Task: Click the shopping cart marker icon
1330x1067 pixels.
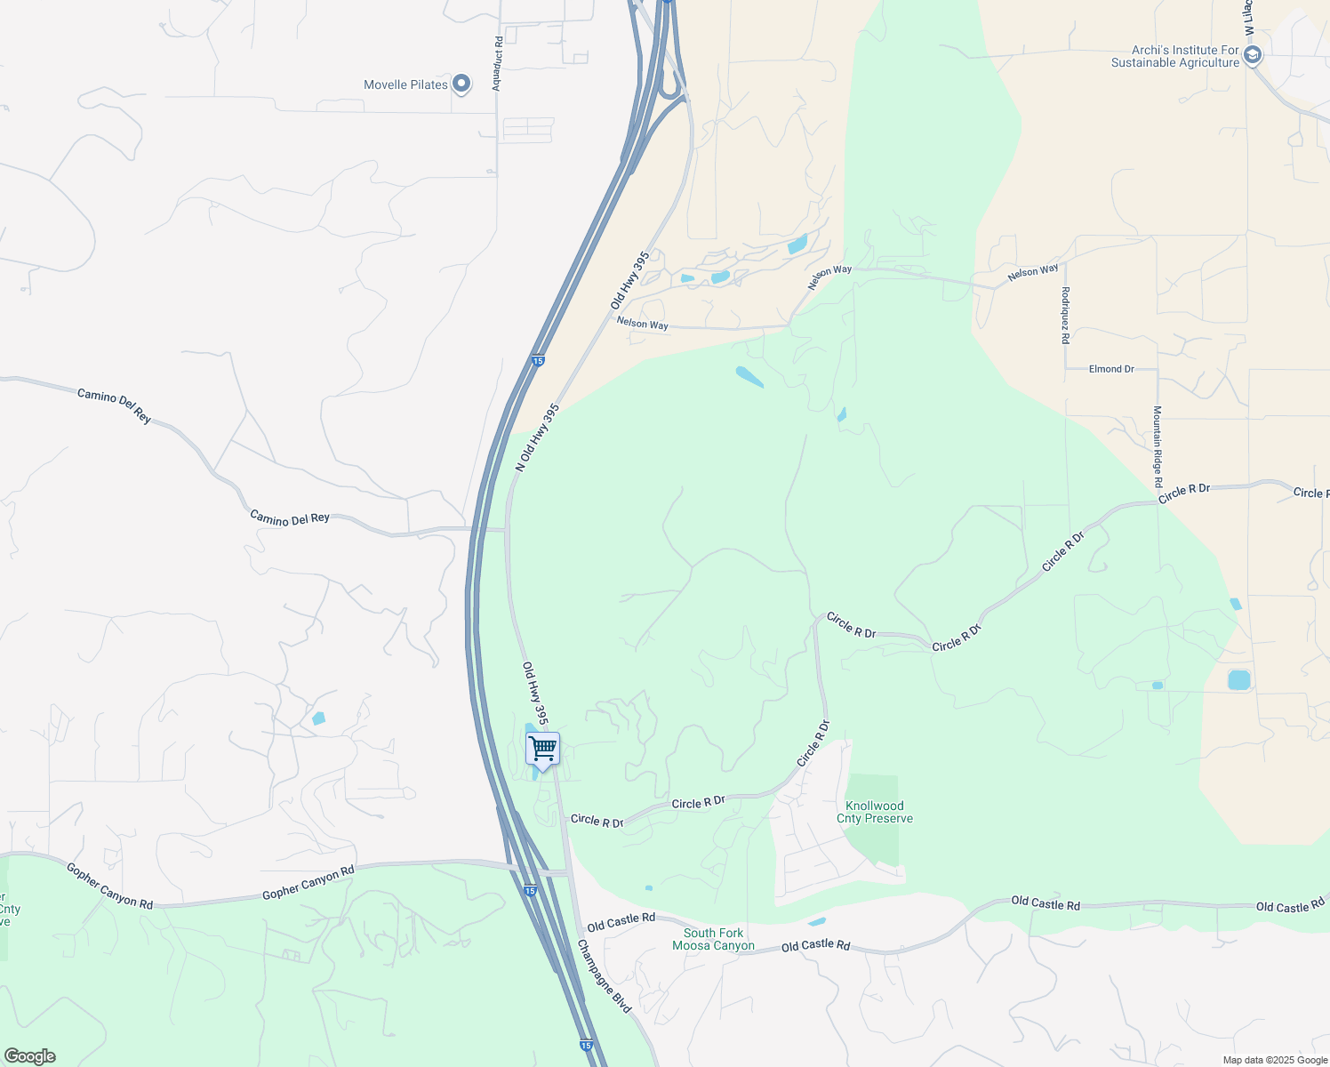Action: [542, 749]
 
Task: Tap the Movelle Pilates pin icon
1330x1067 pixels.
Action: [461, 84]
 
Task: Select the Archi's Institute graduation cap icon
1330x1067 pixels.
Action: [1253, 56]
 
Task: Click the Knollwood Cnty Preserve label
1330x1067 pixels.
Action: [875, 812]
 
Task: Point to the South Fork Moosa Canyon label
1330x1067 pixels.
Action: [713, 939]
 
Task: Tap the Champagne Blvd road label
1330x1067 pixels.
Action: [605, 975]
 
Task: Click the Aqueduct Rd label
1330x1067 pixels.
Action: [498, 63]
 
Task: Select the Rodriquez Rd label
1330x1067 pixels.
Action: [1065, 315]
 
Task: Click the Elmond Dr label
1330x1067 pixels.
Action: [1111, 369]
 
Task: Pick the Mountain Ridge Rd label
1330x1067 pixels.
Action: [1158, 446]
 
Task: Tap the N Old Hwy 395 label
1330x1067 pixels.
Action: [538, 437]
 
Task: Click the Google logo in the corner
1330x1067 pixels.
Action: [29, 1056]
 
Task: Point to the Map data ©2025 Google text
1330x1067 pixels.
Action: [1275, 1060]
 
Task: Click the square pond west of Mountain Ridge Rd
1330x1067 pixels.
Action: [1238, 680]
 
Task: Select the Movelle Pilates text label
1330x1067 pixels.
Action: [405, 84]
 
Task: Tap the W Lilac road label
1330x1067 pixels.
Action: [1248, 18]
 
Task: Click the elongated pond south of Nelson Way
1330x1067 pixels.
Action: [749, 377]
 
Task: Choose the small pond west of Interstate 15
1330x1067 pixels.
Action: [318, 718]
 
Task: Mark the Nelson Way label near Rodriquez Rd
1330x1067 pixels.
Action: [1033, 272]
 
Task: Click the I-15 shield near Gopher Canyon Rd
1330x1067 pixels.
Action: [530, 890]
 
